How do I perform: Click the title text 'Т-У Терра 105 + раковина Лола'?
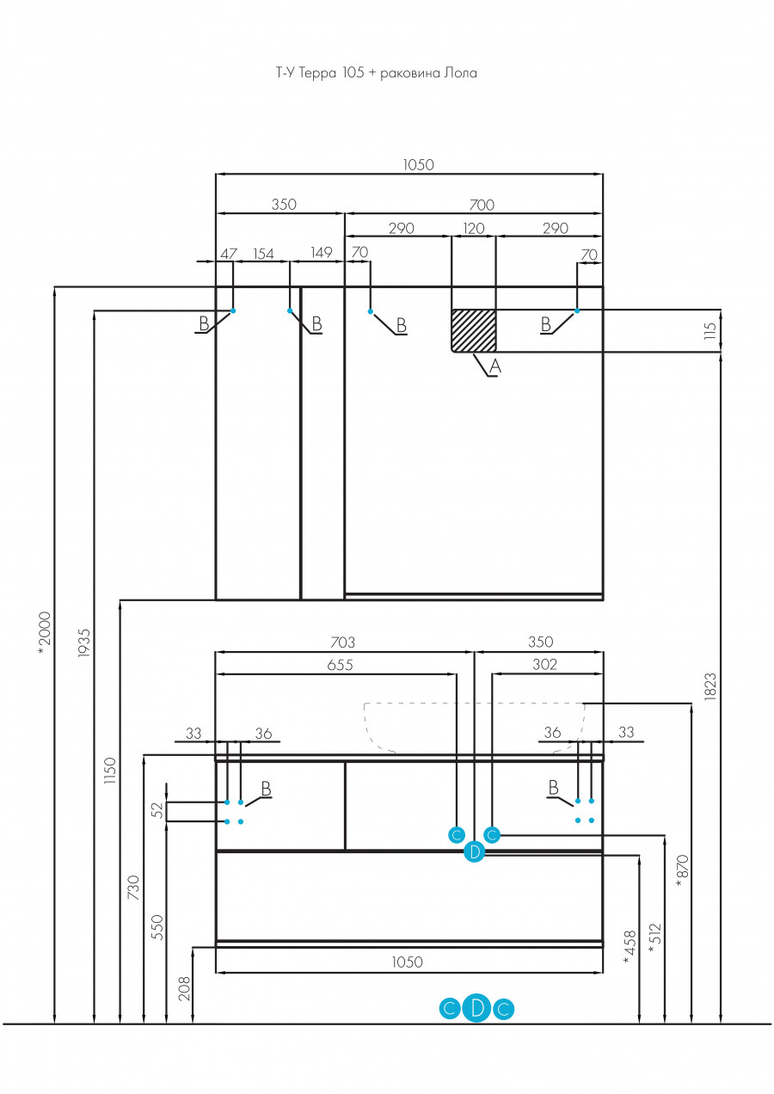[x=376, y=73]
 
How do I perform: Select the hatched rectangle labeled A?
[x=474, y=330]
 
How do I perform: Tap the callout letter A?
[x=495, y=366]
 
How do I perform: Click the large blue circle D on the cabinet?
[x=474, y=852]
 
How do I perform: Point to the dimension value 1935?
[x=84, y=642]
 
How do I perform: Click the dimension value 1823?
[x=710, y=686]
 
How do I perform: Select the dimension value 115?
[x=710, y=330]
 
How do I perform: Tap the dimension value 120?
[x=474, y=228]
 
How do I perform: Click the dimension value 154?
[x=263, y=254]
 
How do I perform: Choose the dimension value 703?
[x=343, y=642]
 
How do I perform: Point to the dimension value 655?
[x=340, y=665]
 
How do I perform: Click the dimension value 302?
[x=544, y=664]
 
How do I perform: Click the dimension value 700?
[x=482, y=205]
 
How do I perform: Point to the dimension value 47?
[x=229, y=254]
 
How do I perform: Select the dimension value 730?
[x=133, y=888]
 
